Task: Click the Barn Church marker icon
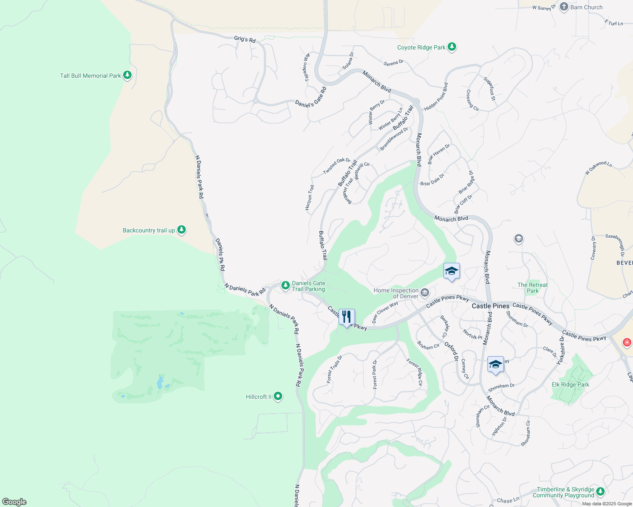coord(564,7)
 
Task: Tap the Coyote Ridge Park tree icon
coord(452,47)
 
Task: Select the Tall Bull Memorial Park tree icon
coord(127,76)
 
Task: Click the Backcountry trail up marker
coord(182,230)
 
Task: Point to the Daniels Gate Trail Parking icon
coord(286,286)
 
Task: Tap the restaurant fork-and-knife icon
coord(347,317)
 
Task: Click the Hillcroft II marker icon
coord(278,396)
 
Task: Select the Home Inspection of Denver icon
coord(425,292)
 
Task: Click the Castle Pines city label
coord(490,306)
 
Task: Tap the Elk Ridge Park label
coord(570,384)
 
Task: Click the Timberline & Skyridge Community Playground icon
coord(600,491)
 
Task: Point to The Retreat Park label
coord(532,288)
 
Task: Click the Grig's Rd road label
coord(245,39)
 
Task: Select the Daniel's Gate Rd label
coord(311,98)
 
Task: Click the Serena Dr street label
coord(394,63)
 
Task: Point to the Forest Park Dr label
coord(375,374)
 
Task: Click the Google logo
coord(14,502)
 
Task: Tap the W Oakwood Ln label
coord(598,167)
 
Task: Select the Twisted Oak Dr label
coord(337,166)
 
